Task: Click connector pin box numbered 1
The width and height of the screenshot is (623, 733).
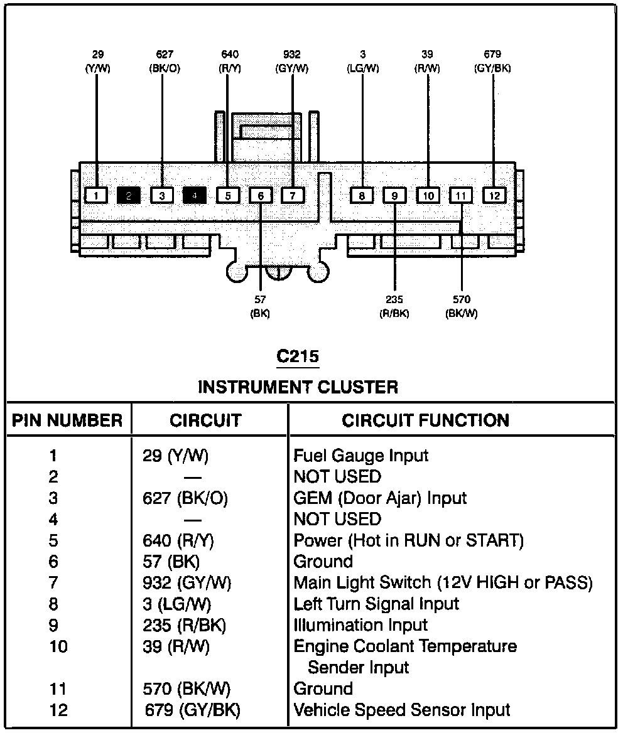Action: (x=96, y=195)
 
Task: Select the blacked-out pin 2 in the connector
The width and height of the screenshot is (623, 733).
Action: (x=129, y=195)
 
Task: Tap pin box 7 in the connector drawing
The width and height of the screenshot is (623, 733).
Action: (x=292, y=195)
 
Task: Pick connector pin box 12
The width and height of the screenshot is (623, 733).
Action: (x=494, y=195)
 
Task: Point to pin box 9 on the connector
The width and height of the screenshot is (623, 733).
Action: (x=394, y=195)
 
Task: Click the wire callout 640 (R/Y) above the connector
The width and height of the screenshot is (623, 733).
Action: (x=230, y=62)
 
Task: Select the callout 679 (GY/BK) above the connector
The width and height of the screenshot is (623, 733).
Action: (x=492, y=62)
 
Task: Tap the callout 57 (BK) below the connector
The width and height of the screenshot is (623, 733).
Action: (x=260, y=306)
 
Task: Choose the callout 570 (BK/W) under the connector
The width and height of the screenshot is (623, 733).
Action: (x=461, y=306)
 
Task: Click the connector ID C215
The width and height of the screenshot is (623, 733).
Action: (x=298, y=356)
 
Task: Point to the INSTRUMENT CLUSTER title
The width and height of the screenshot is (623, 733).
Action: (x=298, y=387)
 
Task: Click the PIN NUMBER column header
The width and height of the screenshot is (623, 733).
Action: (x=67, y=420)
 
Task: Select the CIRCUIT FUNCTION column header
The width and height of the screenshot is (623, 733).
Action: (x=425, y=420)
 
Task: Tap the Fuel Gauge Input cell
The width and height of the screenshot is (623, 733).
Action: (x=361, y=456)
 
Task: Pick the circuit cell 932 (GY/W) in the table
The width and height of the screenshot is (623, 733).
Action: (x=187, y=583)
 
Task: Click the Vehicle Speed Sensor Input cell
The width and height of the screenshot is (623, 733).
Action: (x=402, y=710)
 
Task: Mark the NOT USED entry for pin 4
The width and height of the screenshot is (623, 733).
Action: (x=337, y=519)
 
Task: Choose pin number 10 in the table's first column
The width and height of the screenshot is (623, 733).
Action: (x=58, y=646)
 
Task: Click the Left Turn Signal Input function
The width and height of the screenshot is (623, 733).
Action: (x=376, y=604)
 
